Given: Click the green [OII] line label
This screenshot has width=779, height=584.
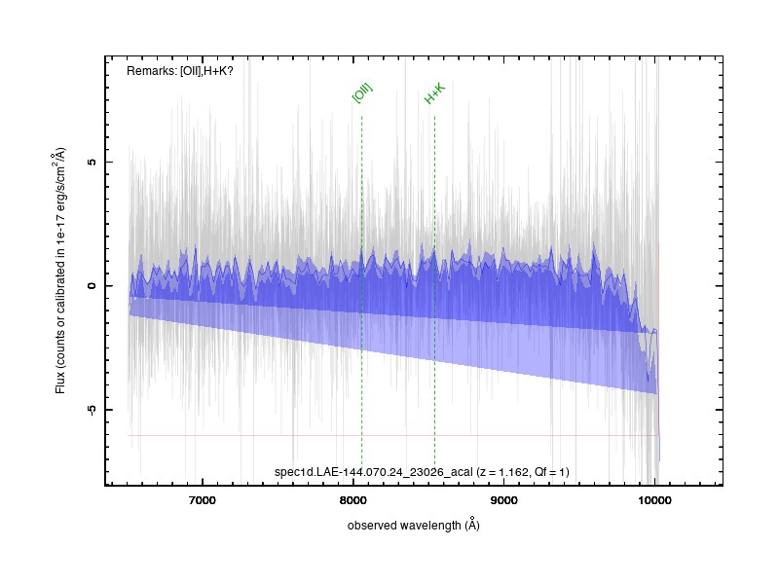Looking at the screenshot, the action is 362,93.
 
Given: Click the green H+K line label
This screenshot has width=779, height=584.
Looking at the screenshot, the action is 434,93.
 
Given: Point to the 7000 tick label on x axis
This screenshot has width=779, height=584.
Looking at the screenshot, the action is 203,500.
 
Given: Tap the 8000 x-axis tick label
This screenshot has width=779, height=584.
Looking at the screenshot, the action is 353,500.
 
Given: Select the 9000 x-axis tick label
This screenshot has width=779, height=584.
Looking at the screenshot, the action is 503,500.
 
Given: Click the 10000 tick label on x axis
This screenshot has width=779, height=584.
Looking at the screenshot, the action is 654,500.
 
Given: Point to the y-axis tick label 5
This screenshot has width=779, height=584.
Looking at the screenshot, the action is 92,162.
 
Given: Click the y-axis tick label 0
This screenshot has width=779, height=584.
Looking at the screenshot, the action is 92,286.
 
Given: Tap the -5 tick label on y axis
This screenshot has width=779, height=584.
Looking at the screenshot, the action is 92,410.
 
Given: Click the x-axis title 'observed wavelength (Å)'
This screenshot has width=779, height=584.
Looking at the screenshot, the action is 413,525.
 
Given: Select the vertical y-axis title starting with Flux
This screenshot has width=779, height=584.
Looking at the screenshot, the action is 60,271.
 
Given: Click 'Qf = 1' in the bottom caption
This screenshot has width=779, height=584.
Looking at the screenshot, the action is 549,472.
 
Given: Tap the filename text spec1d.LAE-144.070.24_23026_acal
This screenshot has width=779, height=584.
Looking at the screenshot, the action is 374,472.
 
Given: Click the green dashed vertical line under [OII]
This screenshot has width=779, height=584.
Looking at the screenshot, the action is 361,291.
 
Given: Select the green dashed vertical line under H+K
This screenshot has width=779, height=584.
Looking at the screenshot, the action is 434,291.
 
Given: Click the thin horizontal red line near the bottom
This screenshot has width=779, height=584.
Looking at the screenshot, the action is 393,435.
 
